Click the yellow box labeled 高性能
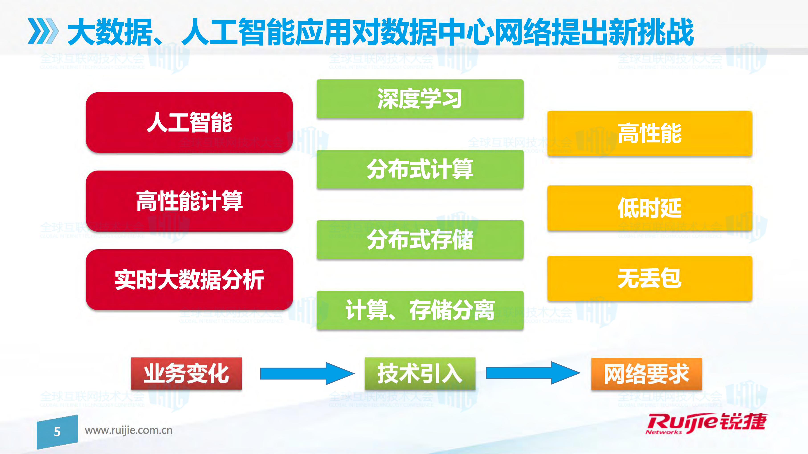point(650,133)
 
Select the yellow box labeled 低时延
point(650,208)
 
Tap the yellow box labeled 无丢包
point(650,278)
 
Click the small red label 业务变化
point(186,373)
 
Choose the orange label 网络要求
point(647,374)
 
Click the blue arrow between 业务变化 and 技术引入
point(307,373)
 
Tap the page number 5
point(57,432)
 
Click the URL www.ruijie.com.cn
point(129,430)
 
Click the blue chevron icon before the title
point(43,31)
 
